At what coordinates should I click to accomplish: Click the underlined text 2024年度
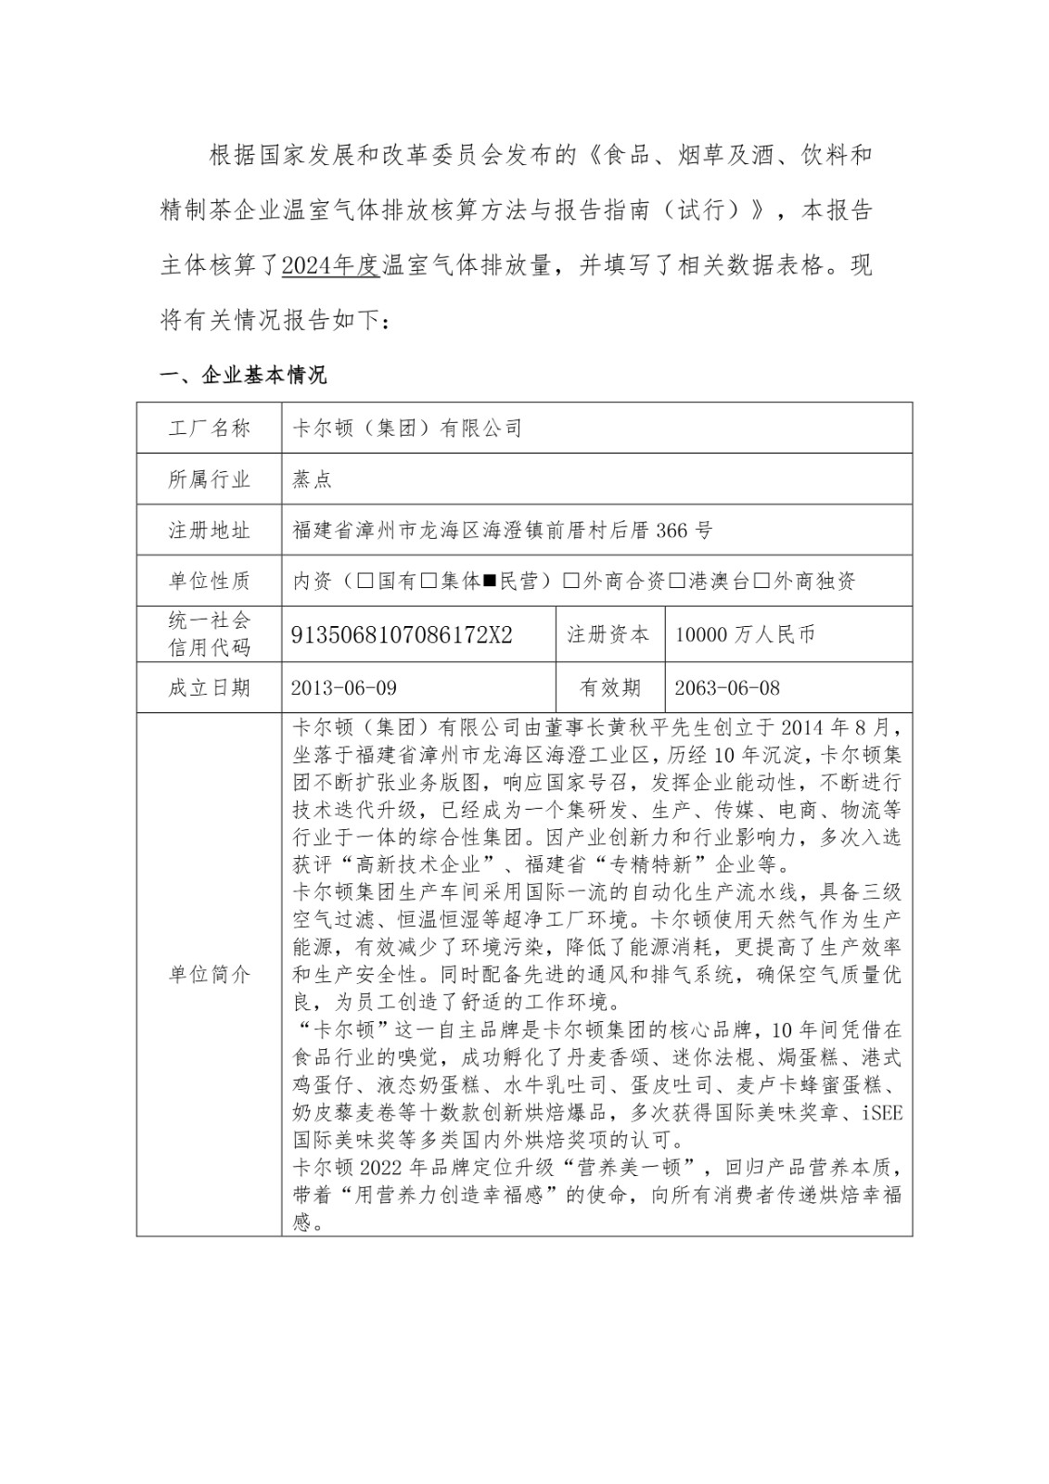(330, 266)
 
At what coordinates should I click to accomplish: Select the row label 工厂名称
(209, 429)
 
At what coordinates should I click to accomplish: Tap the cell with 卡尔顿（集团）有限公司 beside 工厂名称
(408, 429)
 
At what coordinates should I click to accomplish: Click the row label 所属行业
(209, 480)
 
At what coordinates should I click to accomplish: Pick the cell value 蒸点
(312, 480)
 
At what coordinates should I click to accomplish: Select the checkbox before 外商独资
(761, 582)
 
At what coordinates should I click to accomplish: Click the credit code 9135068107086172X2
(402, 635)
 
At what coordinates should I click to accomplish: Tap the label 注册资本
(609, 635)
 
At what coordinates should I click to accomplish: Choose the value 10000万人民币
(745, 635)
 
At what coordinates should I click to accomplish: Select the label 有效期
(609, 688)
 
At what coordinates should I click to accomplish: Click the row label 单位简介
(209, 975)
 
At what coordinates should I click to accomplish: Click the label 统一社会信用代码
(209, 634)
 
